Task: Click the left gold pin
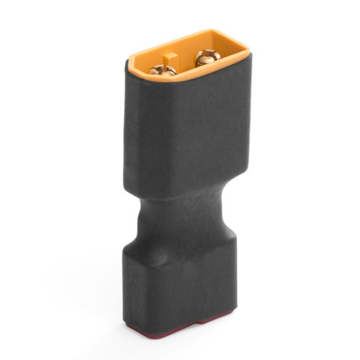[x=163, y=70]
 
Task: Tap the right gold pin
[x=207, y=57]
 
